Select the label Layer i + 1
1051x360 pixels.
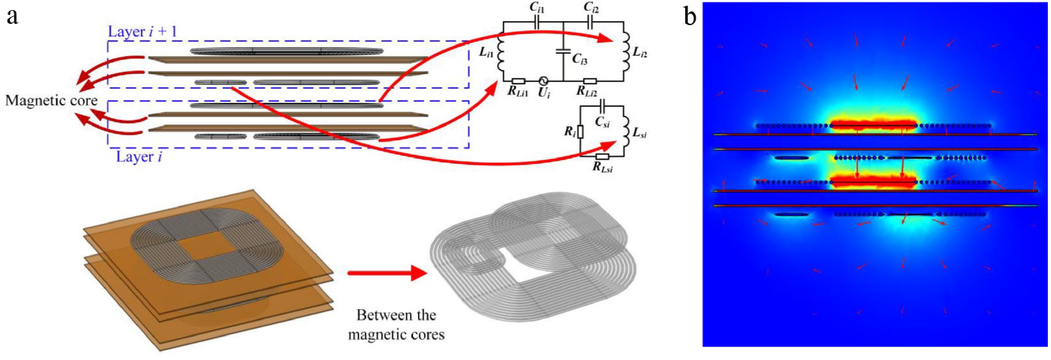click(142, 31)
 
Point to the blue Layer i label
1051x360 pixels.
click(139, 156)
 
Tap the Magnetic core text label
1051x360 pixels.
click(51, 100)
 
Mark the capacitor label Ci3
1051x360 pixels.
click(579, 59)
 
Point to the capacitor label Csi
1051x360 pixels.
click(602, 122)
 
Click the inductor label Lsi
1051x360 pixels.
click(638, 134)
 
